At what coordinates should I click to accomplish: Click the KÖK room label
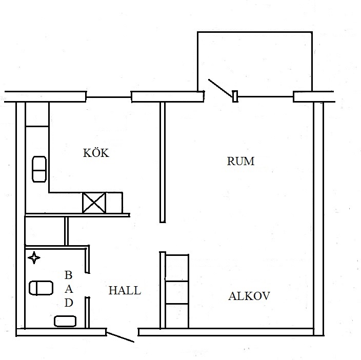96,153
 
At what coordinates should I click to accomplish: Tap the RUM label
240,161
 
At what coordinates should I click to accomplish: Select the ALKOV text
249,296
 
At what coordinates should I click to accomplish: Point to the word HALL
125,290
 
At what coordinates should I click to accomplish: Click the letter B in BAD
69,275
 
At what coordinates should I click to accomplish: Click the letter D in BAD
69,303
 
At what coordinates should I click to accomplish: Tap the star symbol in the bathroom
34,257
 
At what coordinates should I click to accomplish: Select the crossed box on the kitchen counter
94,203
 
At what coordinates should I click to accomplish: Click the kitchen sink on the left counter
39,169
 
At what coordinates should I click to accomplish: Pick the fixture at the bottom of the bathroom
65,321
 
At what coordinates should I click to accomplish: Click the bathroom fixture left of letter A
41,288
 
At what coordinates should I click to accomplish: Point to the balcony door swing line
220,88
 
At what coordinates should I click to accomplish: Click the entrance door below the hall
121,337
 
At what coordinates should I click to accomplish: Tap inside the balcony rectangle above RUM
255,61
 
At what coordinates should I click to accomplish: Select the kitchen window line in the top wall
109,97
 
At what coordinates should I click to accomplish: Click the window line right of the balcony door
266,97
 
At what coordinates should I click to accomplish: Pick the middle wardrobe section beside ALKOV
177,292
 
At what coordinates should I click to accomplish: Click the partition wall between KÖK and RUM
163,162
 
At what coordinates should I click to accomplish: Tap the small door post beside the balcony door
235,96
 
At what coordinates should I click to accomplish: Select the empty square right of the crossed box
114,203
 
